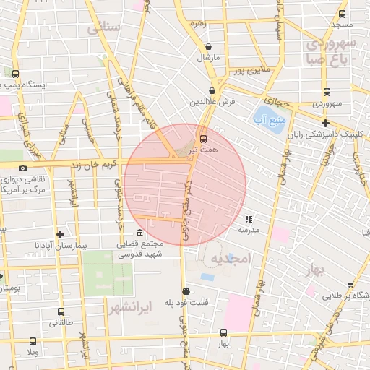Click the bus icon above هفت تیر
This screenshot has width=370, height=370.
pyautogui.click(x=202, y=137)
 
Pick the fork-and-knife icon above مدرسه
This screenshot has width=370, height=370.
pyautogui.click(x=249, y=218)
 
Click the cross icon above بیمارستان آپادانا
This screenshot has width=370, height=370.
pyautogui.click(x=60, y=234)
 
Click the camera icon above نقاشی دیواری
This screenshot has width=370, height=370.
pyautogui.click(x=23, y=168)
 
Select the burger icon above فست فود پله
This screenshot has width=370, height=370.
pyautogui.click(x=186, y=291)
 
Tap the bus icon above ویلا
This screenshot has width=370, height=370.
pyautogui.click(x=32, y=342)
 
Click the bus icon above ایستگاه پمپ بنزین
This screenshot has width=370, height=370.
pyautogui.click(x=16, y=73)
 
